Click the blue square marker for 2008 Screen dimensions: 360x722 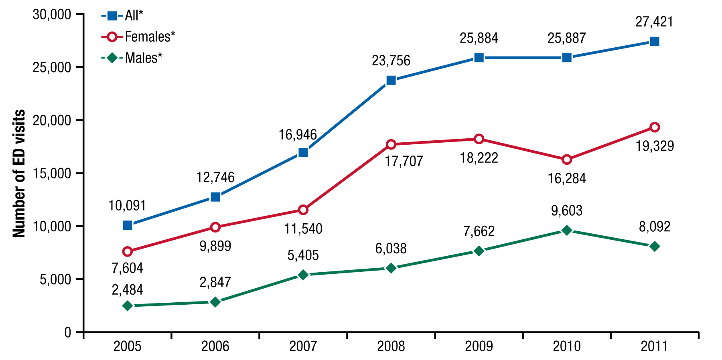[x=391, y=80]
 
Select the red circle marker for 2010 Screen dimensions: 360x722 [x=567, y=160]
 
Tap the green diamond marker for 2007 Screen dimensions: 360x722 [x=303, y=275]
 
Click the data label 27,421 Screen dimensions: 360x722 [x=654, y=22]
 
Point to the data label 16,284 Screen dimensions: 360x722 [x=567, y=178]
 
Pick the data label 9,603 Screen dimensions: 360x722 [x=567, y=210]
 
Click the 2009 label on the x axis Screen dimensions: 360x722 [x=479, y=346]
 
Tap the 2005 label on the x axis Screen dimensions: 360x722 [x=128, y=346]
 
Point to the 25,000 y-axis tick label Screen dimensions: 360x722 [x=52, y=67]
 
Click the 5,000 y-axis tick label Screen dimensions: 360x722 [x=55, y=279]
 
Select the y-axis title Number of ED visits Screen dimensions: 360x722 [x=19, y=173]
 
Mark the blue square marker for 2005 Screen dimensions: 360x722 [x=128, y=225]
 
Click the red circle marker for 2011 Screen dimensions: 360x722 [x=655, y=127]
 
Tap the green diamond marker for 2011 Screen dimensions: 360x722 [x=655, y=246]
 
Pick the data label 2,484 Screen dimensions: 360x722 [x=128, y=290]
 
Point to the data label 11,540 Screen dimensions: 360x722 [x=303, y=229]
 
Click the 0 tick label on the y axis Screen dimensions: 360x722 [x=68, y=332]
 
